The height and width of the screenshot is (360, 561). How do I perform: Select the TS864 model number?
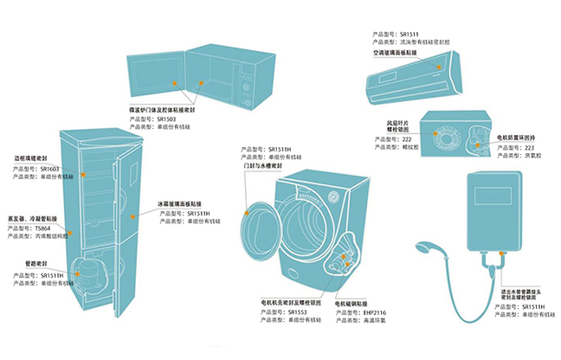[43, 228]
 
